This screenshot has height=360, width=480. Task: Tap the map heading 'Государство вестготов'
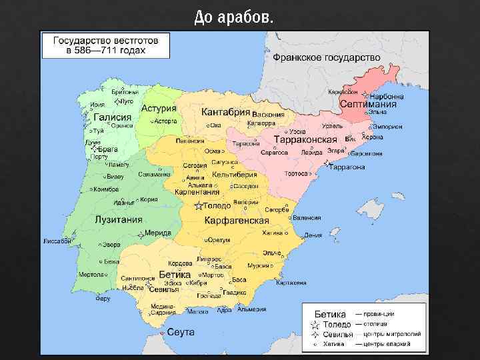[x=105, y=41]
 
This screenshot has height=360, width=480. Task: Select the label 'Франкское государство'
[x=326, y=57]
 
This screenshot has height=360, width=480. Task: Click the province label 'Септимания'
[x=368, y=105]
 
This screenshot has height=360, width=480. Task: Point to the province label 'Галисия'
[x=113, y=117]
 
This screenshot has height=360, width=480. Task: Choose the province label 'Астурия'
[x=159, y=108]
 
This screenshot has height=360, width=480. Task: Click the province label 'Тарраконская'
[x=305, y=139]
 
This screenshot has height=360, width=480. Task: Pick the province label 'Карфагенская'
[x=237, y=221]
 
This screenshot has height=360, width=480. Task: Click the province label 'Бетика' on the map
[x=175, y=275]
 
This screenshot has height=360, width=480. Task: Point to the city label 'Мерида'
[x=158, y=233]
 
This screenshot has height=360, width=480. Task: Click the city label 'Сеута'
[x=180, y=332]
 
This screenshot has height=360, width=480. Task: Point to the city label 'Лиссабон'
[x=58, y=241]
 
